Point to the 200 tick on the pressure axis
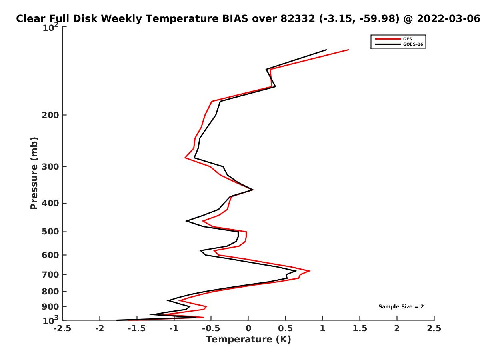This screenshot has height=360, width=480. (50, 115)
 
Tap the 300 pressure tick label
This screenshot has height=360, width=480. (50, 166)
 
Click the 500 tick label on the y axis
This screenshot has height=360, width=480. (50, 232)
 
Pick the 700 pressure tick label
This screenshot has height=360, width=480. (50, 274)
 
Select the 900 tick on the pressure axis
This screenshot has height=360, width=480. (50, 307)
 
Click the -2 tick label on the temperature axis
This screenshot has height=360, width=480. (100, 328)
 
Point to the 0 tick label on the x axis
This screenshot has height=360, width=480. (248, 328)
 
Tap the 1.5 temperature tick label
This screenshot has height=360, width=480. (360, 328)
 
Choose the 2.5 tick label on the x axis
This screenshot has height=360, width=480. (434, 328)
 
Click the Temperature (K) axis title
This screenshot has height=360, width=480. (248, 340)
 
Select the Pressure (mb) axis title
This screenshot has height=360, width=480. (34, 173)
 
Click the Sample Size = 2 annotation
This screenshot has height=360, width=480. (401, 307)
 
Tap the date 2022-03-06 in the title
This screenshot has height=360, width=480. (448, 19)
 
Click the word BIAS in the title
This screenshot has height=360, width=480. (235, 19)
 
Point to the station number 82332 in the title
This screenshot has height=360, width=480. (298, 19)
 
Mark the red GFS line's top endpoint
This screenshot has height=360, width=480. (348, 50)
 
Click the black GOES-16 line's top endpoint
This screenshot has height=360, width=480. (326, 50)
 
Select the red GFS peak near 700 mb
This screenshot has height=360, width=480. (310, 271)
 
